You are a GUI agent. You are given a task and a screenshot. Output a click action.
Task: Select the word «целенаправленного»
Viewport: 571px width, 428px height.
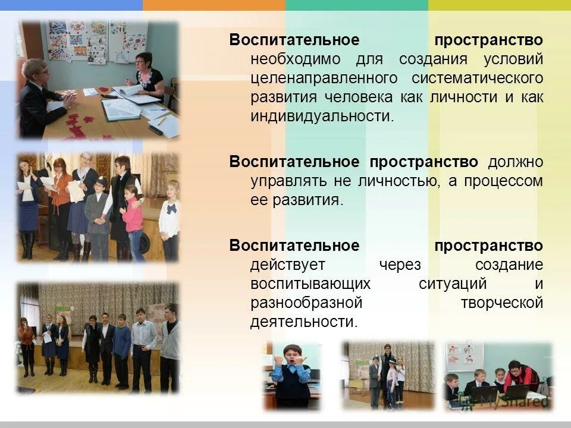tap(324, 78)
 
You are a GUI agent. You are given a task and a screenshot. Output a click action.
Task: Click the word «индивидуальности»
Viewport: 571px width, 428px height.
tap(321, 115)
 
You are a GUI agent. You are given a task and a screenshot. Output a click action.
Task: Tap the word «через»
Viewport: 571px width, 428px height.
tap(398, 265)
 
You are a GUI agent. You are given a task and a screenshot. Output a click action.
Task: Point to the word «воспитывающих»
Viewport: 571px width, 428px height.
tap(310, 284)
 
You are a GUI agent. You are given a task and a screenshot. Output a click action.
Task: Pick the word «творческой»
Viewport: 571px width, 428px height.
tap(502, 303)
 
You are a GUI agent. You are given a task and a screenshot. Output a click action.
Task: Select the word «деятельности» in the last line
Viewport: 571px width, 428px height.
tap(303, 322)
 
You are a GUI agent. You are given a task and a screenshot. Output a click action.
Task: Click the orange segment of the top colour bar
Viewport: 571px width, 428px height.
tap(214, 5)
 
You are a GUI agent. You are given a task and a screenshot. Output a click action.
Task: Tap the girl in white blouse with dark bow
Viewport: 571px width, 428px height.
tap(171, 218)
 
